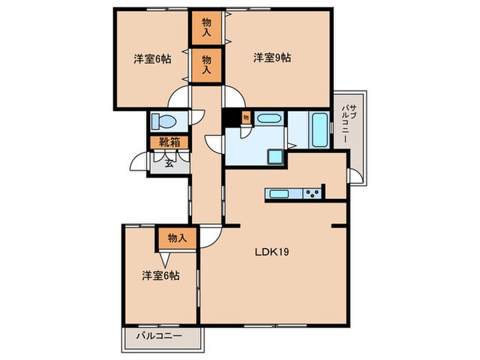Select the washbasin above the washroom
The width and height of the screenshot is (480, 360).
(x=269, y=118)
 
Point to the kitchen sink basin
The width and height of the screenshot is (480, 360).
(x=280, y=193)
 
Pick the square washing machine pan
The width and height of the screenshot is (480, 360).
(x=276, y=157)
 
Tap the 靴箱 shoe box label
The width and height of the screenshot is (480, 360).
(x=169, y=143)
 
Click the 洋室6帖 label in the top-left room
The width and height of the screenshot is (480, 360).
(x=152, y=58)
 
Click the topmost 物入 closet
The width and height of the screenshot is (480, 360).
(x=206, y=27)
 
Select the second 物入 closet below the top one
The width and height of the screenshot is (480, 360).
(x=206, y=65)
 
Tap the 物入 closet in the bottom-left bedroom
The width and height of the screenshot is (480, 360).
(x=177, y=238)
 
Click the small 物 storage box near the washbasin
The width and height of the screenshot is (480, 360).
(x=245, y=118)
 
